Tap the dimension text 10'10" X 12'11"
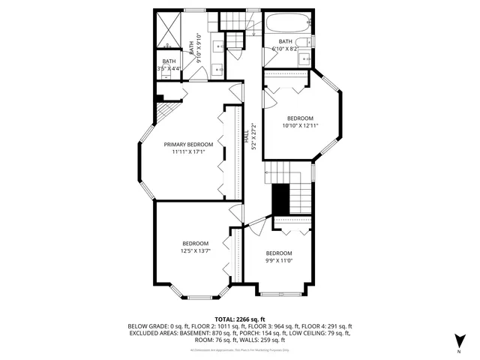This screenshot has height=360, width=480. [x=299, y=125]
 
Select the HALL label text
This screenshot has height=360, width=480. [x=245, y=138]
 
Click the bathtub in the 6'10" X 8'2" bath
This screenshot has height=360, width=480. [x=285, y=24]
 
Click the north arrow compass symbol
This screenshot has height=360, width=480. [x=458, y=342]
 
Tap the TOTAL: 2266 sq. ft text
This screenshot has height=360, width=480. [x=240, y=319]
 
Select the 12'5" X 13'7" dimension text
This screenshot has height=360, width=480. [x=195, y=250]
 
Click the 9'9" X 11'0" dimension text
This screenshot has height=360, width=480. [x=278, y=260]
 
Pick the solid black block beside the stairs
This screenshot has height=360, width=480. [x=280, y=199]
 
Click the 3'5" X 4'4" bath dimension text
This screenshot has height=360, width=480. [x=169, y=69]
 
